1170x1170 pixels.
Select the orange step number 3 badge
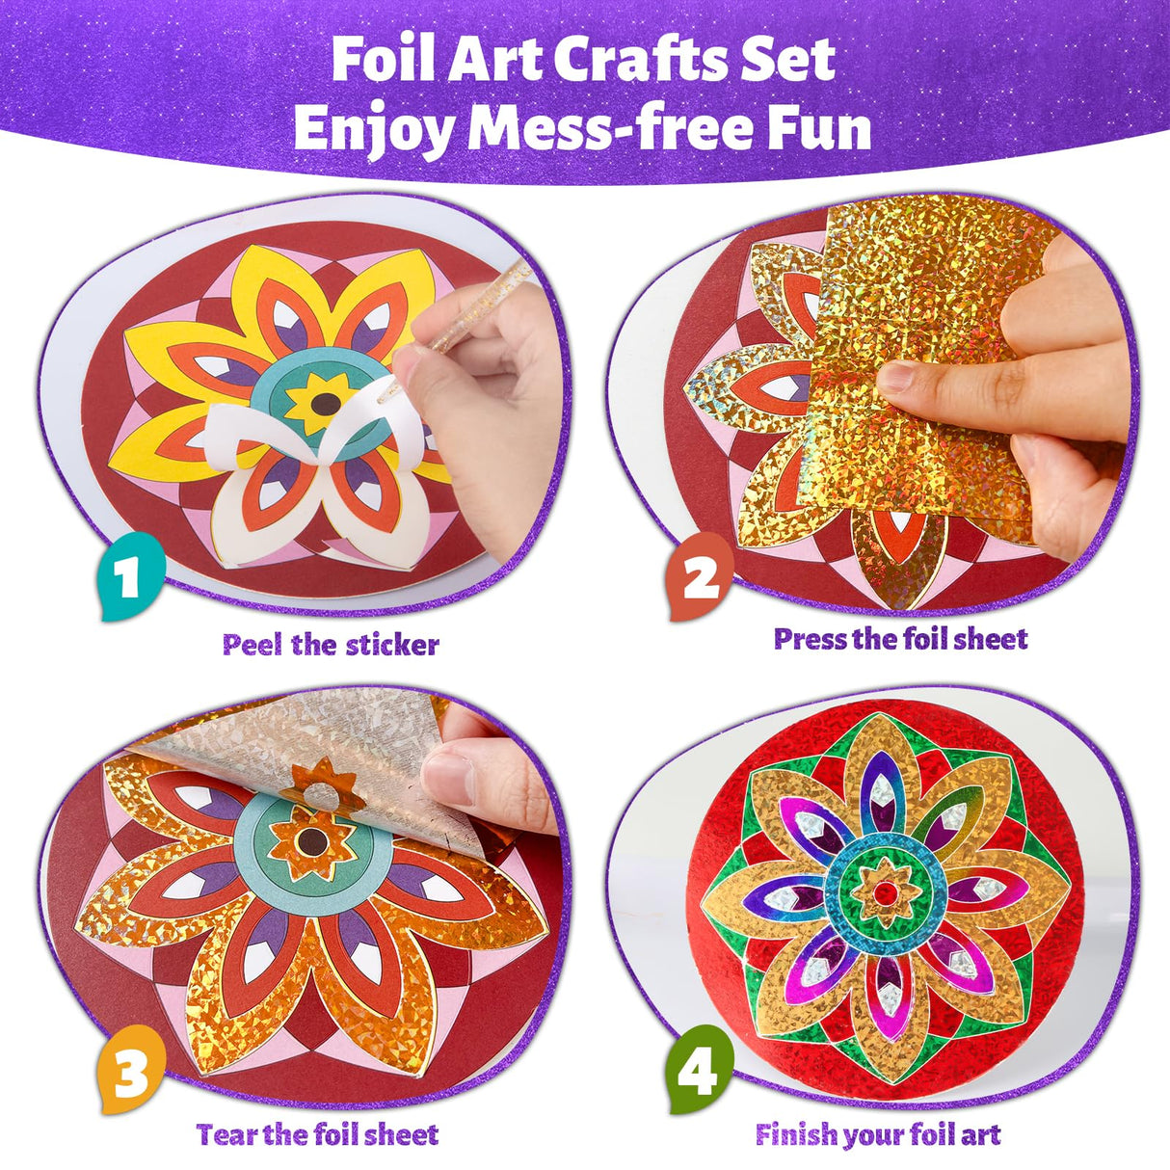tap(131, 1067)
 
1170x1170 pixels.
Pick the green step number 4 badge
tap(699, 1067)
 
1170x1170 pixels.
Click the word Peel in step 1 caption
tap(253, 645)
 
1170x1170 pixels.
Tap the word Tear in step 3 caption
tap(226, 1134)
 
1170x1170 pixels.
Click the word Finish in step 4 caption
tap(796, 1134)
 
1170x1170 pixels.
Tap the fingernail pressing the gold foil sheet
tap(896, 377)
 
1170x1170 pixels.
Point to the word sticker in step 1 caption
tap(391, 645)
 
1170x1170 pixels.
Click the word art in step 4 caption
tap(981, 1134)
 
